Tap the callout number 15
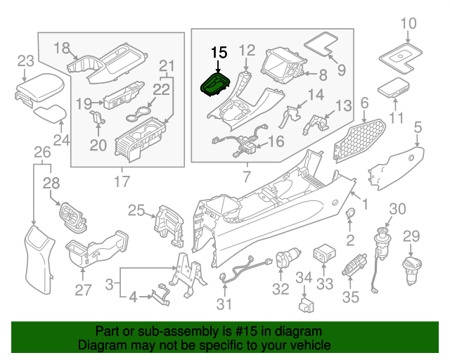[x=219, y=52]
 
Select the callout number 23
[x=25, y=60]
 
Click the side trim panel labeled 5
[x=397, y=165]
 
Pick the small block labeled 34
[x=306, y=305]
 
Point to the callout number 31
[x=224, y=304]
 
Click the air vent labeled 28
[x=71, y=214]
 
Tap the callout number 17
[x=122, y=182]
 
